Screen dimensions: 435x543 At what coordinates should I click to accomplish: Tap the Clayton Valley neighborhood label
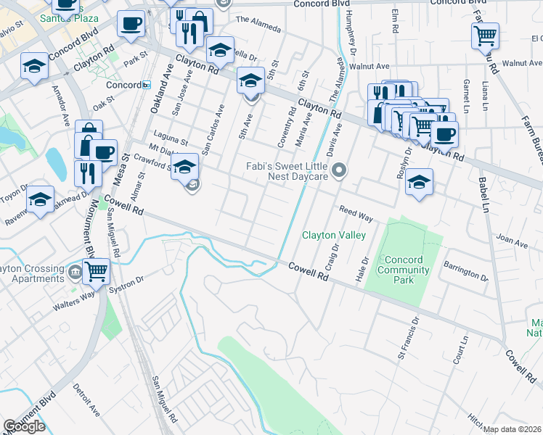pyautogui.click(x=334, y=235)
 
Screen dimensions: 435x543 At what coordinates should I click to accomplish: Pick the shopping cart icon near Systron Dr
pyautogui.click(x=97, y=271)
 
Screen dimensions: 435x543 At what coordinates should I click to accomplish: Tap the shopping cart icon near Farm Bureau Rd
pyautogui.click(x=485, y=34)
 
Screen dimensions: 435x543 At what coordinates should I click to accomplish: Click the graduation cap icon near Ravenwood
pyautogui.click(x=41, y=199)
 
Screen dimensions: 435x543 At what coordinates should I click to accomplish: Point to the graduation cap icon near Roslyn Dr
pyautogui.click(x=419, y=181)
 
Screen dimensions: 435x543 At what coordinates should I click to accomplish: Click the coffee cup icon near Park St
pyautogui.click(x=131, y=25)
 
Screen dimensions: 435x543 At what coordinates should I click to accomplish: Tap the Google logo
pyautogui.click(x=24, y=426)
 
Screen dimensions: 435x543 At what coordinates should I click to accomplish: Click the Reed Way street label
pyautogui.click(x=356, y=214)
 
